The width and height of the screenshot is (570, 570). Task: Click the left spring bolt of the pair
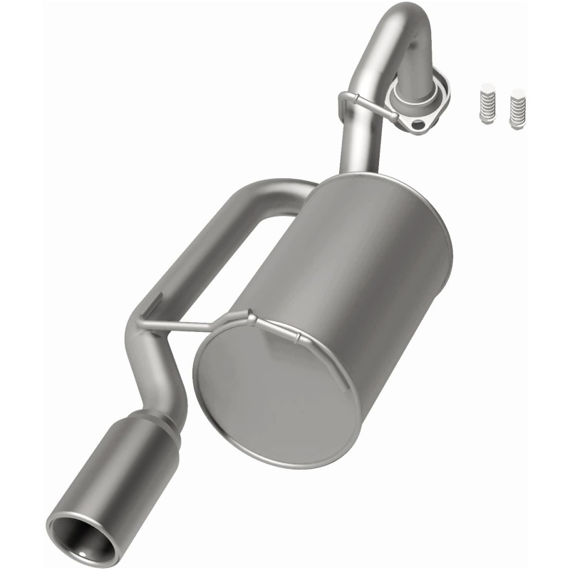[487, 104]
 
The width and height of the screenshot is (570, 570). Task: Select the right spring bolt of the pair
[517, 108]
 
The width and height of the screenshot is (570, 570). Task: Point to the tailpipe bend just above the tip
[153, 370]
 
